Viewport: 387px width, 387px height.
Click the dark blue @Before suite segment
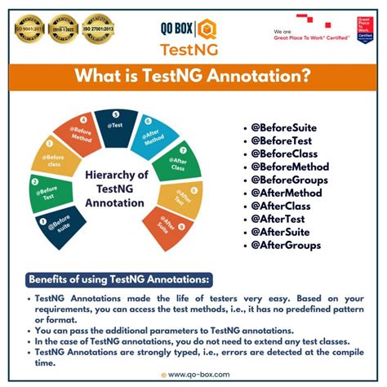coord(54,225)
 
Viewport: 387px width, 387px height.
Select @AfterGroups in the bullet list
coord(287,245)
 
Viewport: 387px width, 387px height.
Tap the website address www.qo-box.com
coord(197,375)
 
